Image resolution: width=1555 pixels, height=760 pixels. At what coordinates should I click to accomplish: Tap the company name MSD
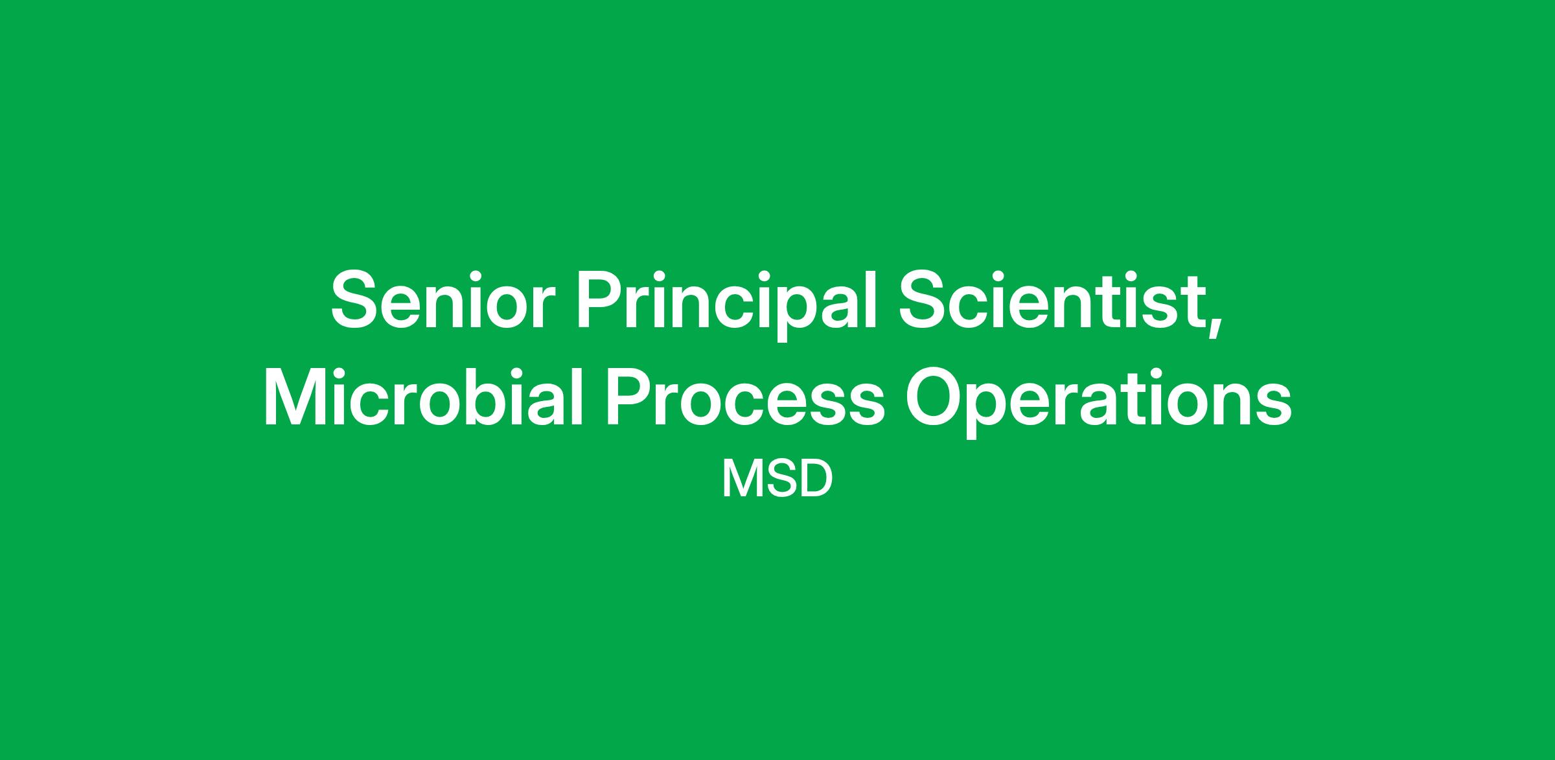click(x=777, y=479)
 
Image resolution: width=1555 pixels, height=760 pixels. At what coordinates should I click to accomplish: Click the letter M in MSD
click(x=740, y=480)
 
